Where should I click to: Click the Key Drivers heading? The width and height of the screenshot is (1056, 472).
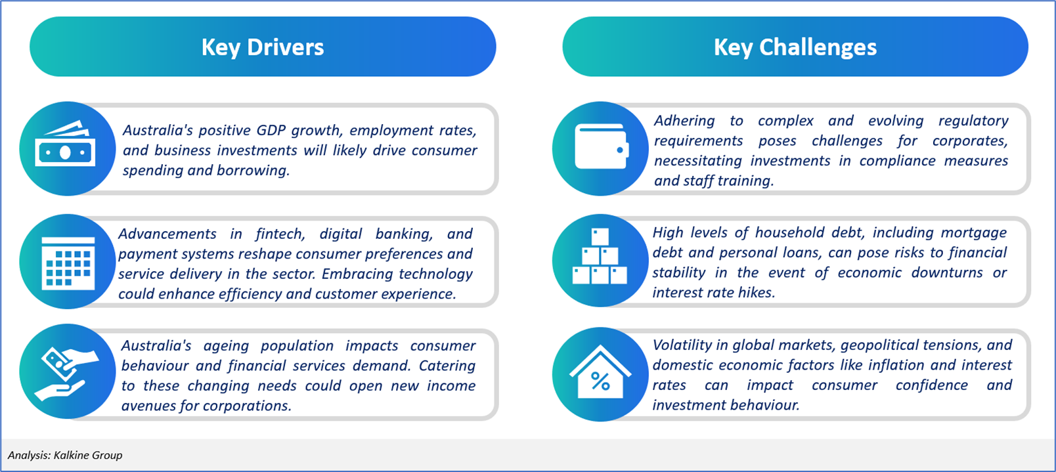tap(263, 47)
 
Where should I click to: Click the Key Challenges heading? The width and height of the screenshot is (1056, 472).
tap(795, 47)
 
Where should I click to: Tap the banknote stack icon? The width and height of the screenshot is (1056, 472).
tap(65, 144)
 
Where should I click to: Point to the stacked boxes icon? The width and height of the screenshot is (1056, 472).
tap(600, 256)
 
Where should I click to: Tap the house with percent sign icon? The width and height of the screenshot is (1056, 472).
tap(600, 372)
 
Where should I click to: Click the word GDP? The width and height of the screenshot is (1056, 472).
tap(271, 130)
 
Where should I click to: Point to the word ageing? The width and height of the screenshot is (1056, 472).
tap(226, 346)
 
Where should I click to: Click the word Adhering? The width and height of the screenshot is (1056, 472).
tap(684, 121)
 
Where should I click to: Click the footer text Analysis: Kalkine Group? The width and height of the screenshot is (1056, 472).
tap(65, 455)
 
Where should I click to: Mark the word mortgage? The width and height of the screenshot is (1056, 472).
tap(973, 233)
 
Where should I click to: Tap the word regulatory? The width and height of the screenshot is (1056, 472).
tap(973, 121)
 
